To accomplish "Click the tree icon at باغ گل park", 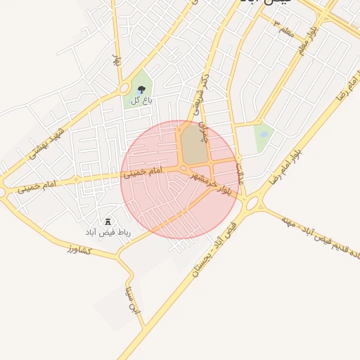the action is (142, 90).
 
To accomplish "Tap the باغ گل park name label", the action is (141, 102).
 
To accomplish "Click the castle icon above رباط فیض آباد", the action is (108, 222).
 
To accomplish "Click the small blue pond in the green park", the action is (264, 134).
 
